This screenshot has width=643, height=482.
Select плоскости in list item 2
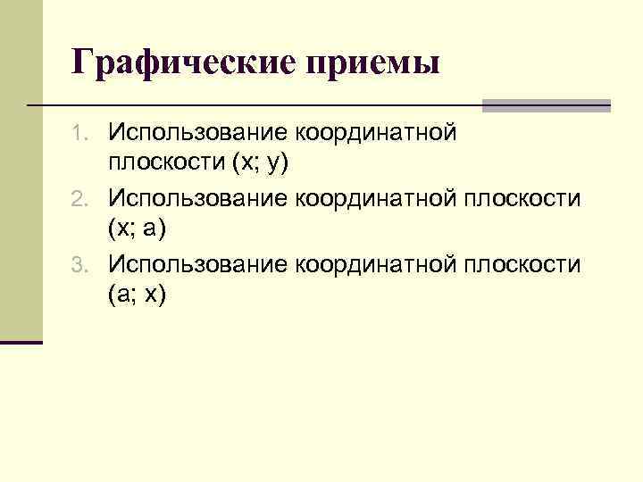pos(524,199)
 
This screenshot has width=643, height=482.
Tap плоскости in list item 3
pos(524,264)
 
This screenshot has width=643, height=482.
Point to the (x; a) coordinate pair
pos(137,231)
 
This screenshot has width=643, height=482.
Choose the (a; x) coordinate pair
pos(137,296)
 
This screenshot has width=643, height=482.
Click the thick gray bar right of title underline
pos(546,105)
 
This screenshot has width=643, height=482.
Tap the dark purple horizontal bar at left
pos(21,342)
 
